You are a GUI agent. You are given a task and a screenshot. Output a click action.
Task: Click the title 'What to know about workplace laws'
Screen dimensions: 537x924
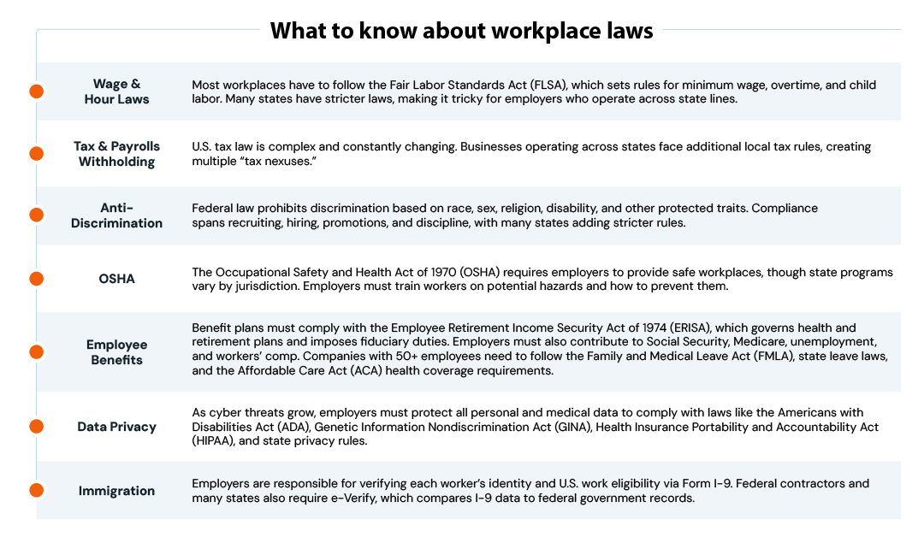[461, 31]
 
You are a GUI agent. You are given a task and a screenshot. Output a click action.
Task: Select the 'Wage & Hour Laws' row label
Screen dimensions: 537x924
[116, 91]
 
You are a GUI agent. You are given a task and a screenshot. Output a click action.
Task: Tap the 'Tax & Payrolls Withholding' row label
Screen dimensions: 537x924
[116, 154]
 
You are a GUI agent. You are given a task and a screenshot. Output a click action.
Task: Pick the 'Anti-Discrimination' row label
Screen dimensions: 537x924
[116, 215]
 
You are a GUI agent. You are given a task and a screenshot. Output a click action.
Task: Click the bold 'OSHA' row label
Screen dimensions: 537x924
[116, 279]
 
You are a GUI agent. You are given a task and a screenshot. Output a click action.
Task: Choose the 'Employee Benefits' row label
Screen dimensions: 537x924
[116, 351]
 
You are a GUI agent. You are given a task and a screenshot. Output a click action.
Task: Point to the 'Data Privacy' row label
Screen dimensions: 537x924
[116, 426]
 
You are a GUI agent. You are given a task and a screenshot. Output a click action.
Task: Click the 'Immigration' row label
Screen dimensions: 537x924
[116, 491]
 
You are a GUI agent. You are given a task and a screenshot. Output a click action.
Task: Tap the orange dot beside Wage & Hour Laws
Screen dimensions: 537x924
[36, 91]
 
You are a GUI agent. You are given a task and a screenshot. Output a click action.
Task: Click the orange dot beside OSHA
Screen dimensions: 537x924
[36, 279]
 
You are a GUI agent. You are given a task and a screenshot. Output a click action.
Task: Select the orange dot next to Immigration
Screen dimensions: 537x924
[36, 490]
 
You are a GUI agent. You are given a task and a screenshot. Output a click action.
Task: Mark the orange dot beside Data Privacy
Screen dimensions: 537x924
[36, 426]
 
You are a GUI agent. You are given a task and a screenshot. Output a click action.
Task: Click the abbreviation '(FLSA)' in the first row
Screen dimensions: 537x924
[544, 86]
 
